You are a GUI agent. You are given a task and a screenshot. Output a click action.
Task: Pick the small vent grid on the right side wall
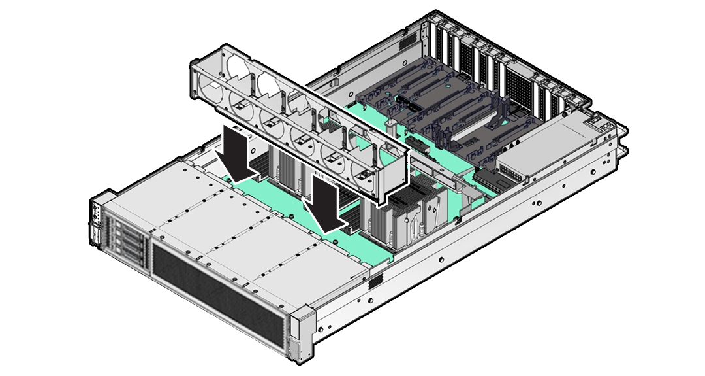(x=375, y=282)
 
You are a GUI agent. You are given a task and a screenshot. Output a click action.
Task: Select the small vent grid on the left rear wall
(x=406, y=41)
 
